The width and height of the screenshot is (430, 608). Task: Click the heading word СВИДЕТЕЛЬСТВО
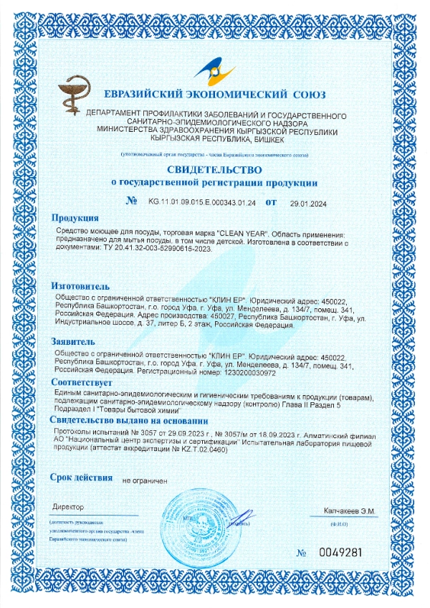214,169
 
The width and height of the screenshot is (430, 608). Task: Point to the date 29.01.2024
308,203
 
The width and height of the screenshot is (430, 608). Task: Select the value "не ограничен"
145,480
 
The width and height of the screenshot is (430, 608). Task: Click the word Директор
68,508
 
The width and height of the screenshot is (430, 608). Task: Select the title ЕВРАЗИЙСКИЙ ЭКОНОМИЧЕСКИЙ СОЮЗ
214,95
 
